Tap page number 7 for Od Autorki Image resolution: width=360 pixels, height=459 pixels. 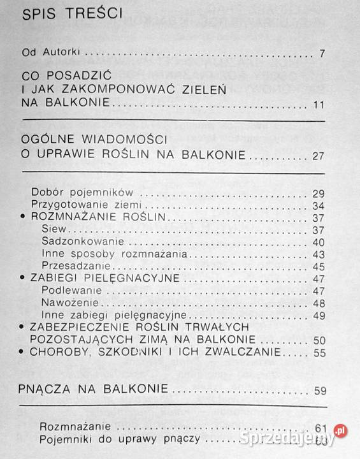tap(322, 53)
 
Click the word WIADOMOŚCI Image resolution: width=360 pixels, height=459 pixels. tap(112, 140)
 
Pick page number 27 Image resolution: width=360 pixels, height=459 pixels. tap(319, 155)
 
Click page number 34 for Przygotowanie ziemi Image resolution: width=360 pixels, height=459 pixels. tap(319, 205)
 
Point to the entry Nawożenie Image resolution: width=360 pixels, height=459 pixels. tap(66, 302)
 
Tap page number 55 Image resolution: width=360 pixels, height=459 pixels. tap(319, 352)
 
